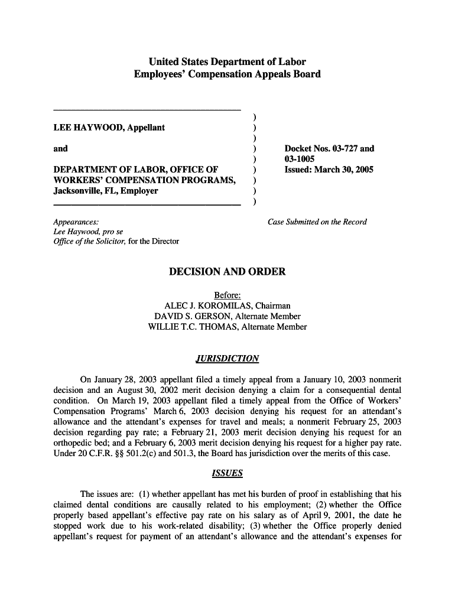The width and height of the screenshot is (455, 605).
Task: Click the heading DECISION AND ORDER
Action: [x=227, y=272]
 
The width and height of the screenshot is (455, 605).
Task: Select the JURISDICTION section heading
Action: [x=227, y=359]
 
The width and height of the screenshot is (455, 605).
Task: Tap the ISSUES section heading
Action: [x=227, y=474]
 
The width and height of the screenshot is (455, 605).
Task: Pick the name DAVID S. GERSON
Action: [x=192, y=316]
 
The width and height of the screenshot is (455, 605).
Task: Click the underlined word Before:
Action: [x=227, y=295]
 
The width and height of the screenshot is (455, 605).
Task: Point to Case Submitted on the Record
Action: [x=317, y=222]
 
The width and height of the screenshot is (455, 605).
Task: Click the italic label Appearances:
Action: [x=76, y=222]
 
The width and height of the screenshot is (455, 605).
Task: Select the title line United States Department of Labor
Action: [x=227, y=61]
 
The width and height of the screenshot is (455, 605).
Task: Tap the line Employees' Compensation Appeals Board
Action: [x=227, y=74]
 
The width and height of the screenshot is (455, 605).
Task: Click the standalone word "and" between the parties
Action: [x=60, y=149]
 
